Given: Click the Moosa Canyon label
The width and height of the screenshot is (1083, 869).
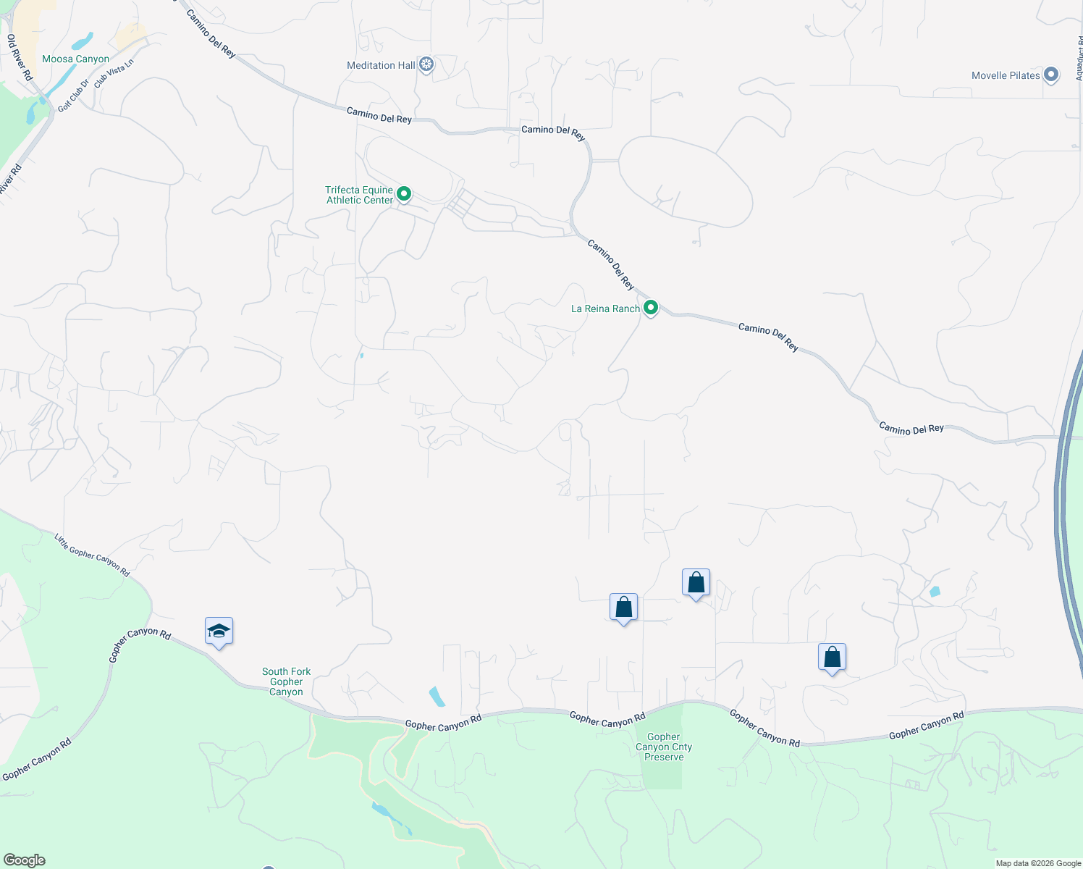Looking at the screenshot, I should [75, 59].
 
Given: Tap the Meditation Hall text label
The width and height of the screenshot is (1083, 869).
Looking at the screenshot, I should [381, 65].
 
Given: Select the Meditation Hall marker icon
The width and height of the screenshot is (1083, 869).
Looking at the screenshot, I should [427, 65].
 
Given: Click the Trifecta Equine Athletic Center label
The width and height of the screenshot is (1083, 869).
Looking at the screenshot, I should [359, 195].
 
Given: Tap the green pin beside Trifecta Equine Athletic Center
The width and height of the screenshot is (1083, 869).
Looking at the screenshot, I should [405, 194].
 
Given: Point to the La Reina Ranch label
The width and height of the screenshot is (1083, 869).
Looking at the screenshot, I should [605, 308].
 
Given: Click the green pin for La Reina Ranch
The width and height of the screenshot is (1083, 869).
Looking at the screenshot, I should [651, 308].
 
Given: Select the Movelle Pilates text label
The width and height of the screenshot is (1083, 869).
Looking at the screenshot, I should [1006, 75].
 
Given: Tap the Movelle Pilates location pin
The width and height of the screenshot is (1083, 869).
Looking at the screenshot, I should [1051, 75].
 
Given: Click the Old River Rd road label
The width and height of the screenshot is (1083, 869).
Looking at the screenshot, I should [20, 57].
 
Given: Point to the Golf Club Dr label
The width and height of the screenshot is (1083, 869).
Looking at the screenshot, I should [73, 95].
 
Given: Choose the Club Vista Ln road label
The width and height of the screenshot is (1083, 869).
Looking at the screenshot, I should [114, 73].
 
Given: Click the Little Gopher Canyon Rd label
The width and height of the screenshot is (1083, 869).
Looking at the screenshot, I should [92, 555].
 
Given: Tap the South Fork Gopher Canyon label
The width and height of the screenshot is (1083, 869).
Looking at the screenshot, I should [286, 681].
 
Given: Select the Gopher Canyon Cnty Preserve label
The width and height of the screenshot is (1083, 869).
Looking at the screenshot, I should [664, 747].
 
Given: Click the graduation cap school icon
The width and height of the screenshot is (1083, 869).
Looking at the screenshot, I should [219, 631].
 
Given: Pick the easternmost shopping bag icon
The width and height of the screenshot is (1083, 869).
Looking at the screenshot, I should [832, 658].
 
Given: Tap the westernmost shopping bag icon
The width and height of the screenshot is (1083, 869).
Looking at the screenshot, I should [623, 608].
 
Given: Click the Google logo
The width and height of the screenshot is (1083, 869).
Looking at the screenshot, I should [24, 860].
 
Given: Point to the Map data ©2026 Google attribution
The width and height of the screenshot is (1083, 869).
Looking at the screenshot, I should [1038, 863].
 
